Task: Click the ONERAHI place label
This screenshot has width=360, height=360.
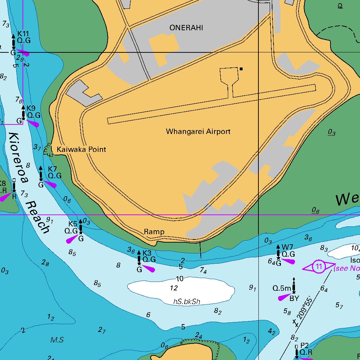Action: (x=186, y=28)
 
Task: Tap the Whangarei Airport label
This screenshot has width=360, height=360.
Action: (x=198, y=131)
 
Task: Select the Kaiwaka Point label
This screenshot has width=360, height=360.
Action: (x=81, y=149)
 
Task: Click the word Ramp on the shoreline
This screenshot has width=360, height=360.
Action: (x=154, y=232)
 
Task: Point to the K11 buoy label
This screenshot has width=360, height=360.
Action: (x=23, y=33)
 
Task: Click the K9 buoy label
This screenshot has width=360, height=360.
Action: (x=31, y=108)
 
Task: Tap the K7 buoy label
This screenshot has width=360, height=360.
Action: (x=52, y=169)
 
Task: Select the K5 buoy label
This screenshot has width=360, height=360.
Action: (x=73, y=224)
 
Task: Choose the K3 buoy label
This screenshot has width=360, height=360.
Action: (x=147, y=253)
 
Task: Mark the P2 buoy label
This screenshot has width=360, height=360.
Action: (x=304, y=345)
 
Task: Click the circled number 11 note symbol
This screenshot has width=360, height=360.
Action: (x=319, y=266)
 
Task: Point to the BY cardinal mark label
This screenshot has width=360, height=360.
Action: (x=294, y=298)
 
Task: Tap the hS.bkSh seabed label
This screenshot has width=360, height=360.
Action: (x=187, y=302)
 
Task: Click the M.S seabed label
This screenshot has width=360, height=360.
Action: (x=57, y=340)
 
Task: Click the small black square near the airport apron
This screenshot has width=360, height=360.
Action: (x=241, y=69)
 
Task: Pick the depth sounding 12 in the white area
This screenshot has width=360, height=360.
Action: (x=174, y=288)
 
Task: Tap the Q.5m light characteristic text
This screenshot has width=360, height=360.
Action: (x=282, y=288)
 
